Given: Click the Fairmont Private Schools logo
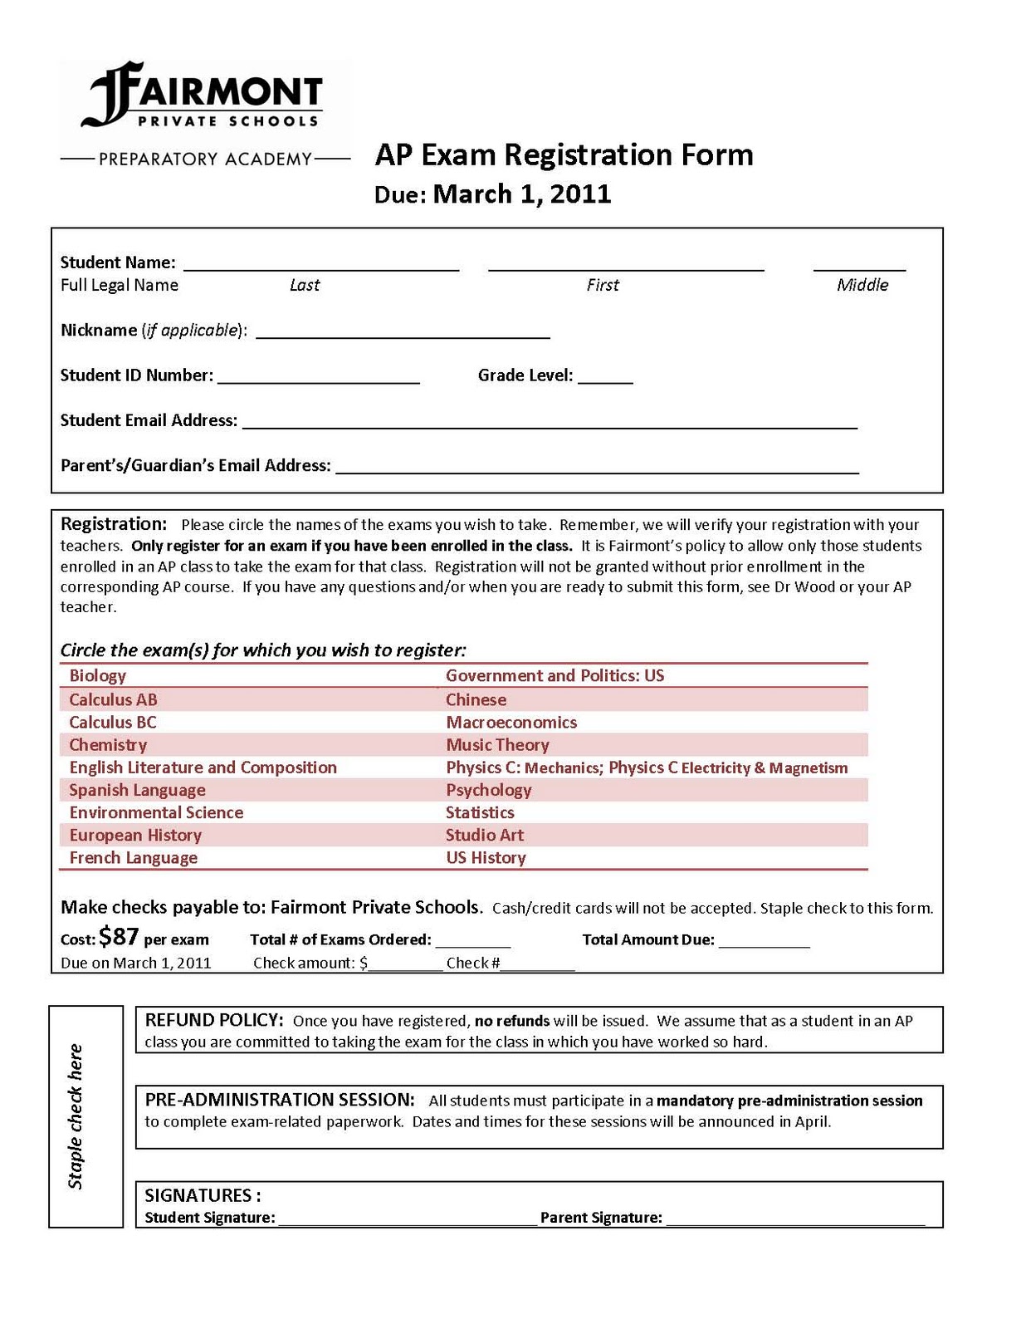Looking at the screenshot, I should (x=203, y=95).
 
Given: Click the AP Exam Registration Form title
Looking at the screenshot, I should (x=564, y=155).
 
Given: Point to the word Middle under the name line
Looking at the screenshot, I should (x=862, y=285).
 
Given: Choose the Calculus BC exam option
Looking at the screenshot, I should (x=113, y=723).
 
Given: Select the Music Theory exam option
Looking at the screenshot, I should (x=497, y=745).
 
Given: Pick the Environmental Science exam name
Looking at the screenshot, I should (x=156, y=812).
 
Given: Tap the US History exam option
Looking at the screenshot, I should (x=486, y=857).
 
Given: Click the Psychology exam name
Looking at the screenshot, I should (x=488, y=790).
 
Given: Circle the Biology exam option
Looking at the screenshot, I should (x=98, y=676).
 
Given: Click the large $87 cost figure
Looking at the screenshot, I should (x=119, y=937).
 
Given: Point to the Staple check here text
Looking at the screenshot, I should (x=76, y=1116).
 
